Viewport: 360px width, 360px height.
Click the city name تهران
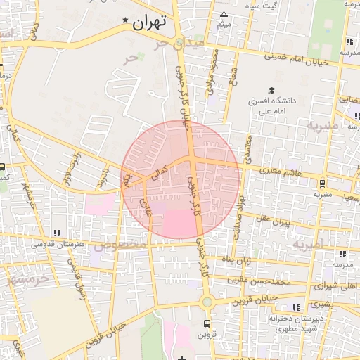click(149, 22)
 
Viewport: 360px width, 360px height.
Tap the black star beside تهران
click(126, 20)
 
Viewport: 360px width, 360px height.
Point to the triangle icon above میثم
click(224, 14)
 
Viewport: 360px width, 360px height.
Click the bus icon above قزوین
click(206, 324)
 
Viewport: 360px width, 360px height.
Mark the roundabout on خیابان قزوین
click(206, 302)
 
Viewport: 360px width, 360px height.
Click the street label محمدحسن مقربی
click(262, 281)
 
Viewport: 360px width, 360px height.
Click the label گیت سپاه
click(271, 6)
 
